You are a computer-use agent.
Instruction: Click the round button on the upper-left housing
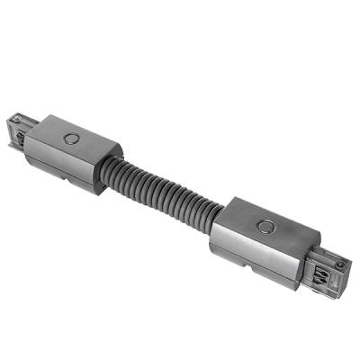[x=71, y=139]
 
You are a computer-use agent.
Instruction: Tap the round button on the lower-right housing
[x=265, y=228]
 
